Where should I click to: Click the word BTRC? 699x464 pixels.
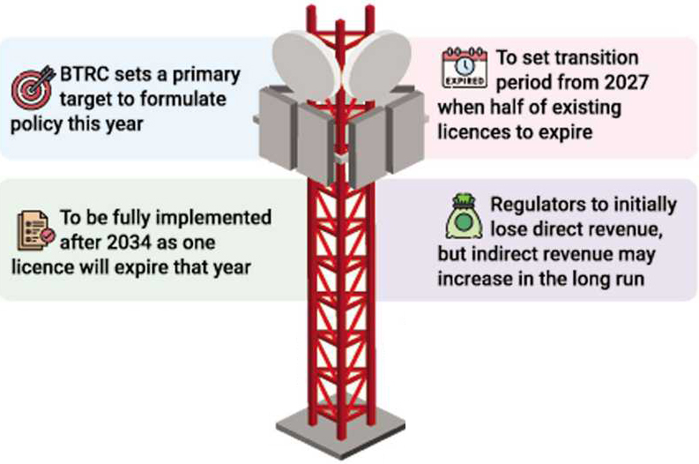pos(88,75)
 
